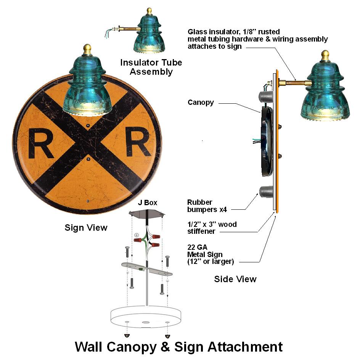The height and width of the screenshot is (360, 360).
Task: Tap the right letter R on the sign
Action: pyautogui.click(x=136, y=144)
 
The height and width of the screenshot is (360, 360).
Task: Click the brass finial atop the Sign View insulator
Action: pyautogui.click(x=87, y=49)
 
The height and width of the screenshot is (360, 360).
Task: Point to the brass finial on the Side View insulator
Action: pyautogui.click(x=325, y=55)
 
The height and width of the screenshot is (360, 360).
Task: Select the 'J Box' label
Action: pyautogui.click(x=148, y=203)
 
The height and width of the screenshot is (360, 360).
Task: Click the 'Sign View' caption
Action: pyautogui.click(x=86, y=228)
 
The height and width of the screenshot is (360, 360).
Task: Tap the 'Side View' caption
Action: pyautogui.click(x=235, y=279)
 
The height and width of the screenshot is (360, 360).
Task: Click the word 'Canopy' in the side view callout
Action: pyautogui.click(x=201, y=103)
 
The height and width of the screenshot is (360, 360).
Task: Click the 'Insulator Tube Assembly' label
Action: pyautogui.click(x=151, y=67)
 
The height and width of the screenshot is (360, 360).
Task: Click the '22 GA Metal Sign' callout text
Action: pyautogui.click(x=211, y=254)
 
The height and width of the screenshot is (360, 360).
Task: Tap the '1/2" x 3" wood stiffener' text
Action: pyautogui.click(x=212, y=228)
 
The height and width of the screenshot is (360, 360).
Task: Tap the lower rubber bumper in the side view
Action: pyautogui.click(x=267, y=191)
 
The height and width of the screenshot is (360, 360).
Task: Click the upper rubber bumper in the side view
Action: pyautogui.click(x=267, y=94)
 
